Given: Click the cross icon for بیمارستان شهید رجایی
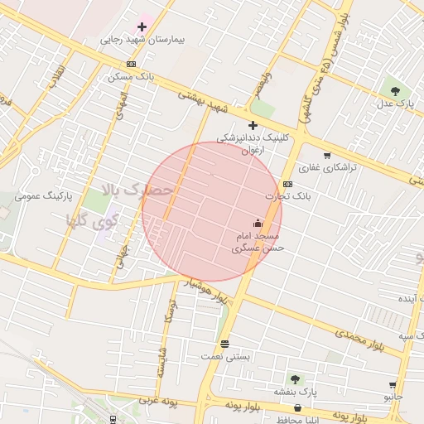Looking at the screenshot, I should (x=142, y=27).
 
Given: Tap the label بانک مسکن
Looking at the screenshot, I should (x=131, y=77).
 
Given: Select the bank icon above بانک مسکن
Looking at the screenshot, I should (x=131, y=65).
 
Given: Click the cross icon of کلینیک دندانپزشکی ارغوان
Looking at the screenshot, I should (x=253, y=125).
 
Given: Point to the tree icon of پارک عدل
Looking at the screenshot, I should (x=394, y=90).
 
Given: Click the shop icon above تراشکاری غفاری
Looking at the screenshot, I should (x=327, y=155).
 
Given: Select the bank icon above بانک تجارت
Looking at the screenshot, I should (x=287, y=184).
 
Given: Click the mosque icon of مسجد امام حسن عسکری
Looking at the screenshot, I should (x=257, y=224).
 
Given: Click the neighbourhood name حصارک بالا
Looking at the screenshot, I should (x=137, y=190).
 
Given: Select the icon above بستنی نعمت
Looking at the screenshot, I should (x=225, y=344).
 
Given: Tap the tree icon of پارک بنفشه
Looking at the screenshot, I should (x=295, y=379).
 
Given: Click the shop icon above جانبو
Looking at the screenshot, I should (x=392, y=385).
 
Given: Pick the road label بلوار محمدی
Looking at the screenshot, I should (x=361, y=335).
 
